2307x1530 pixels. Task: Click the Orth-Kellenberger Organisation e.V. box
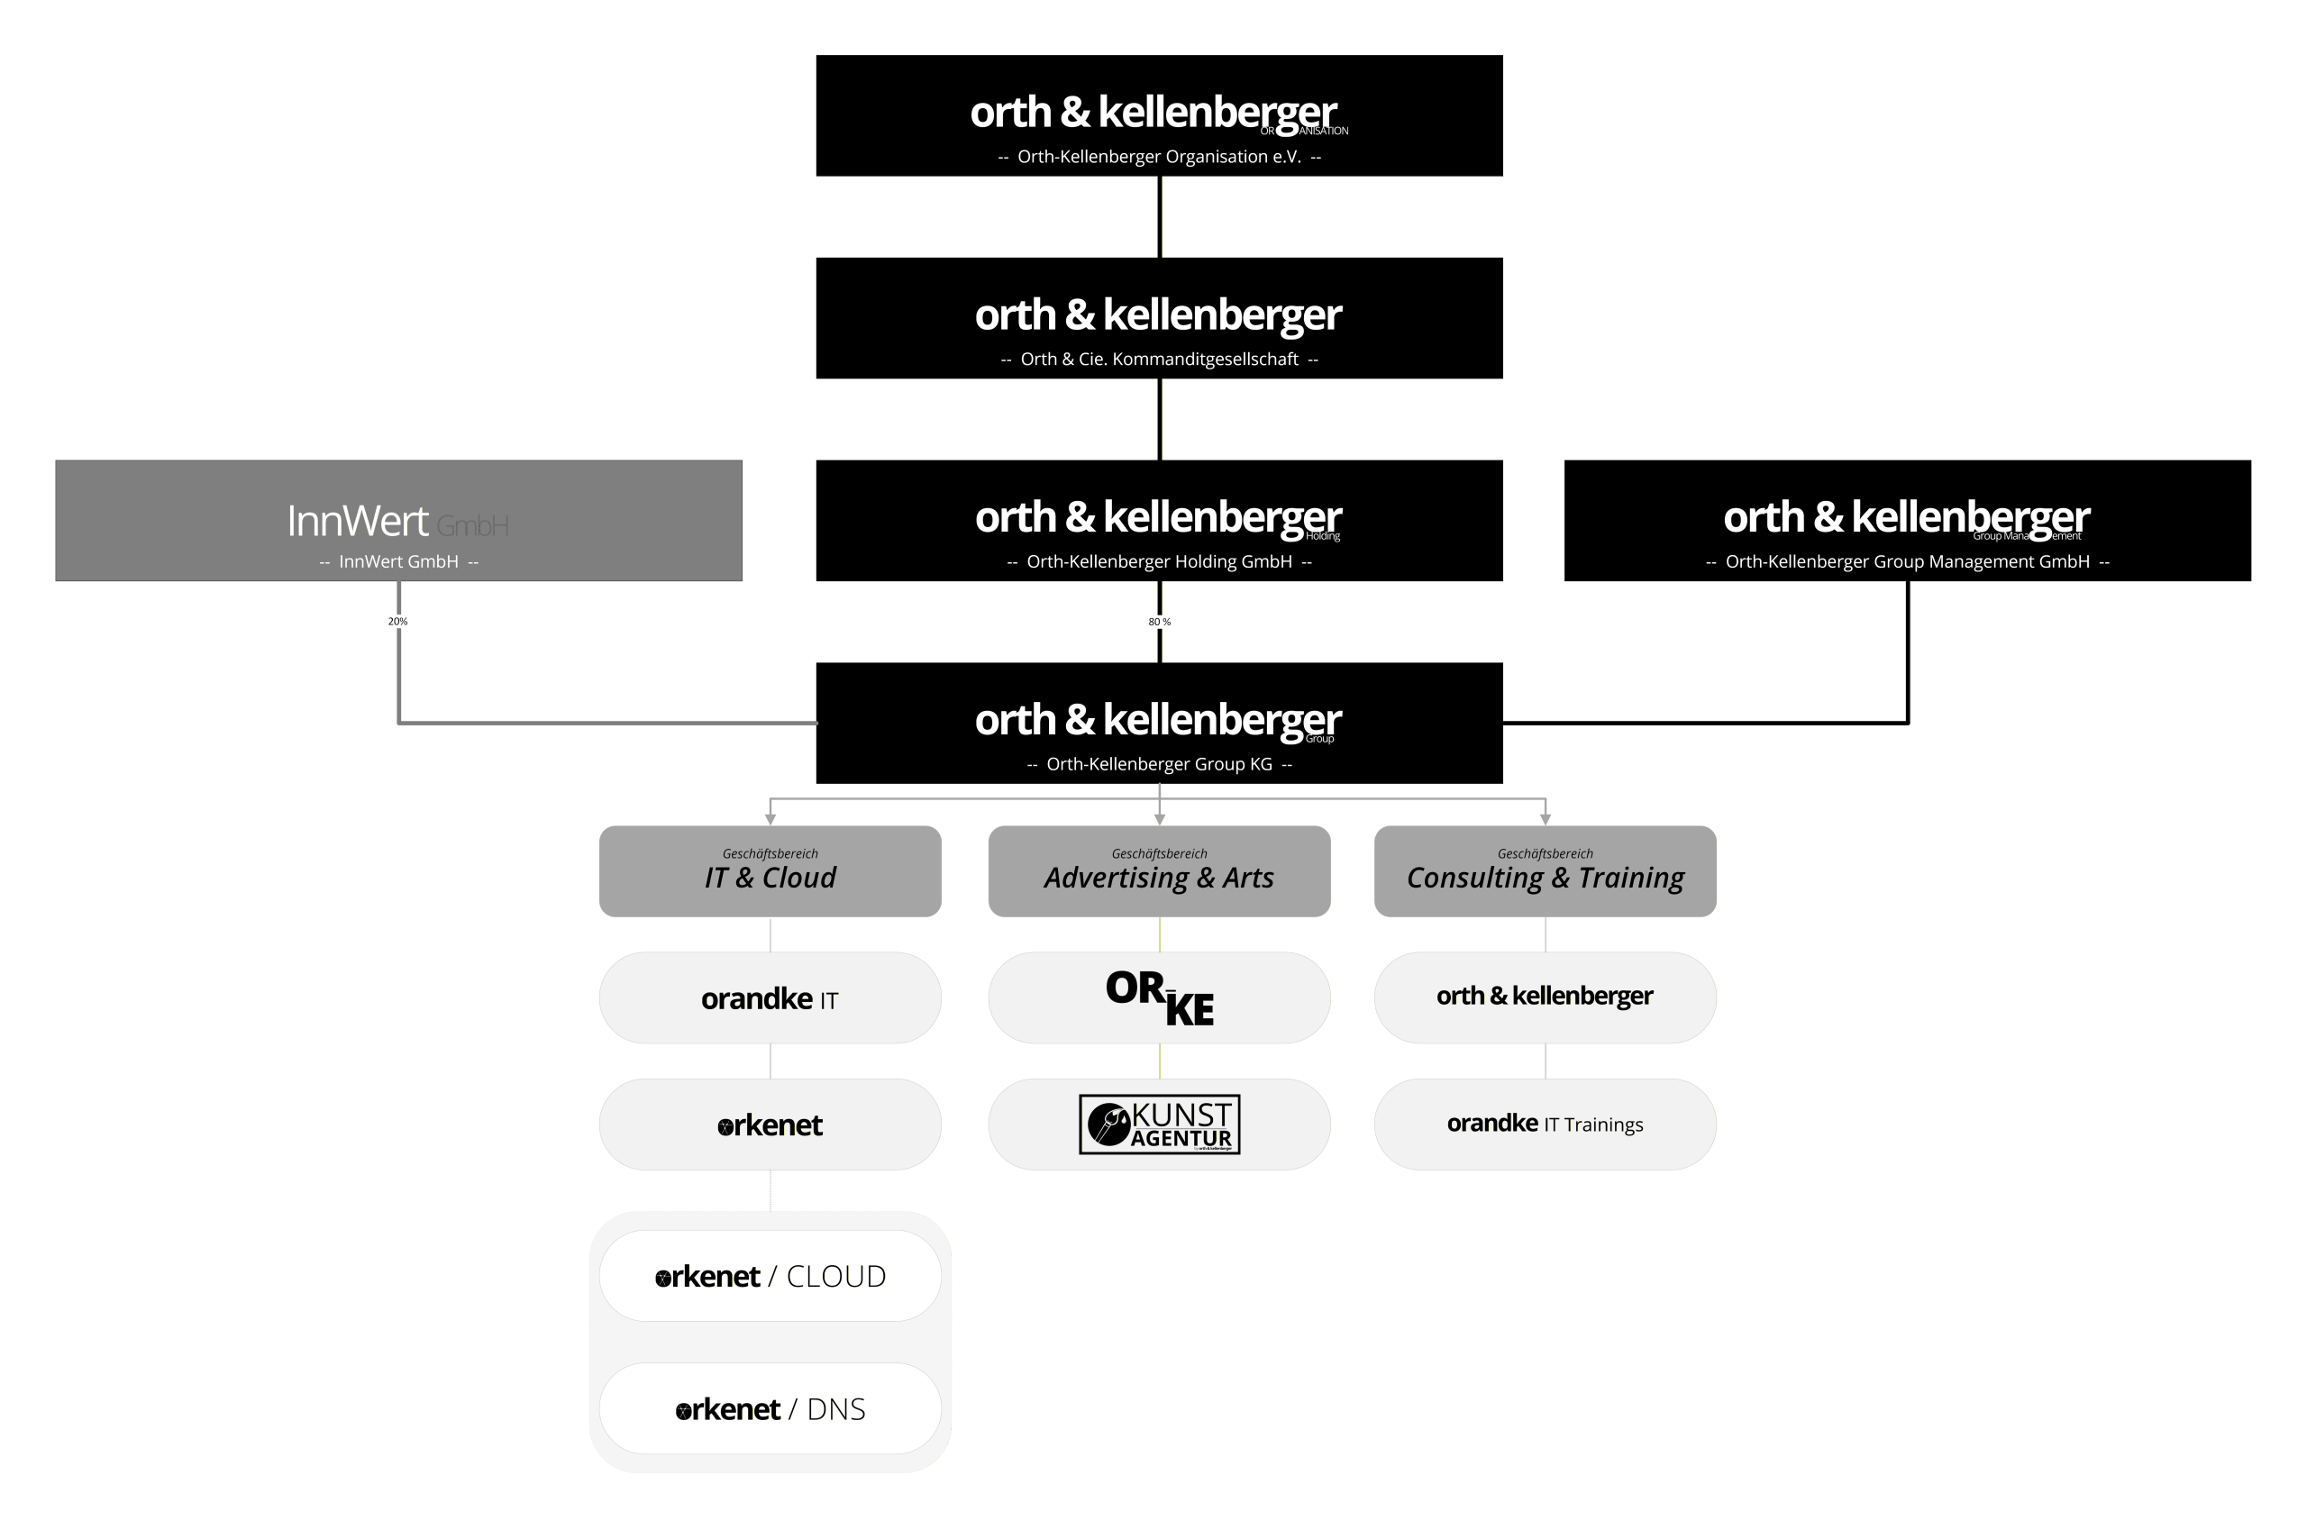pos(1158,115)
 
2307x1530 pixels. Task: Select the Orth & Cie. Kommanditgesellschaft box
pos(1158,318)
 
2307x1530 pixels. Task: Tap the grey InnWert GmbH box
pos(398,520)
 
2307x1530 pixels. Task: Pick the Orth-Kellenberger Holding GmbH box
pos(1158,520)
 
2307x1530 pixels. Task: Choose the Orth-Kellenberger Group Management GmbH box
pos(1907,520)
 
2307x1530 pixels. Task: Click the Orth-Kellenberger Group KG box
pos(1158,723)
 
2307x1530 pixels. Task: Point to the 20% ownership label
pos(397,622)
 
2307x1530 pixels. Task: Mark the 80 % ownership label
pos(1159,622)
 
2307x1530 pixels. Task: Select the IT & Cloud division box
pos(770,871)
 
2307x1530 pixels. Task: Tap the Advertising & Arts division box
pos(1158,871)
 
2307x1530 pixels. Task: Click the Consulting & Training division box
pos(1545,871)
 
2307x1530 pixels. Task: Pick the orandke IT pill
pos(770,998)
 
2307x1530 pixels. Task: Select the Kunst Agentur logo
pos(1159,1125)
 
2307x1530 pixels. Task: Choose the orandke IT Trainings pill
pos(1545,1125)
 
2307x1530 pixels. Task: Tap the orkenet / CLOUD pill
pos(770,1276)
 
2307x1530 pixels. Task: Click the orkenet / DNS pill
pos(770,1409)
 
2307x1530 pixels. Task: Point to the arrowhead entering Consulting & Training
pos(1545,819)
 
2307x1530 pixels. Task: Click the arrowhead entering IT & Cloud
pos(770,819)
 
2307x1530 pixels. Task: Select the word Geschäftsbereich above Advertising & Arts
pos(1159,854)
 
